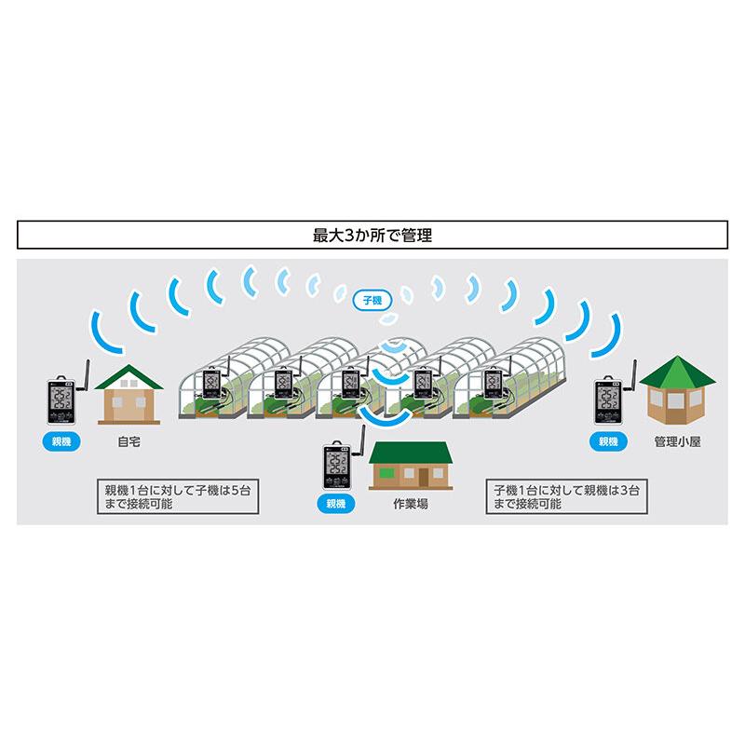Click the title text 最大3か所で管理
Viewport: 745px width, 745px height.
[x=372, y=236]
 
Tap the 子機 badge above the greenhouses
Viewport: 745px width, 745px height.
[x=372, y=300]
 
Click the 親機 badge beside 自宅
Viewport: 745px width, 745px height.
[x=61, y=441]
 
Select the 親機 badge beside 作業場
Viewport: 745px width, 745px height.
[x=336, y=504]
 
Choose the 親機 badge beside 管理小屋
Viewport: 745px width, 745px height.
[x=608, y=441]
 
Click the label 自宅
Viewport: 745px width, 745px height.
[x=129, y=441]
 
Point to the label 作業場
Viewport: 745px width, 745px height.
[x=411, y=504]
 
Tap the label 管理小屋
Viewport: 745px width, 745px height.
[x=678, y=441]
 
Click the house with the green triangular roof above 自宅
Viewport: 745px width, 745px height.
[x=129, y=394]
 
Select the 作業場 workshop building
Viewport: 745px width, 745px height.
[x=411, y=465]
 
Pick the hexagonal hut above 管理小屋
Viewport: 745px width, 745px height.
[x=677, y=390]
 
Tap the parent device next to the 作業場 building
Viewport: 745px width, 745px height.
[x=343, y=460]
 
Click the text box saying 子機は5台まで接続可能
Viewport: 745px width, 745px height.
[x=178, y=496]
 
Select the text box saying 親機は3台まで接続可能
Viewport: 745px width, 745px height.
[x=566, y=496]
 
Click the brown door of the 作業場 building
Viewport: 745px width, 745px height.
[x=424, y=477]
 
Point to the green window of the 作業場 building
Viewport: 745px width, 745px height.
[x=386, y=473]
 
